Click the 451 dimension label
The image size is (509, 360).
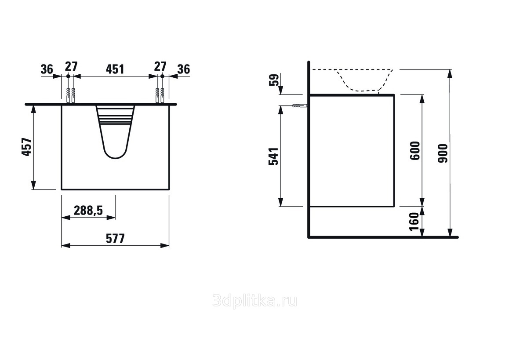click(x=115, y=69)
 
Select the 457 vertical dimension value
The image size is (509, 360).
click(x=27, y=147)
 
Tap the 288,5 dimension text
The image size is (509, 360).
click(x=88, y=211)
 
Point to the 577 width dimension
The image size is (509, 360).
click(x=115, y=239)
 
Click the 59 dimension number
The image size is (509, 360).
click(x=274, y=80)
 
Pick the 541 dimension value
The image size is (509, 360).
click(x=274, y=156)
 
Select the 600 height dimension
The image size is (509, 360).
click(x=415, y=151)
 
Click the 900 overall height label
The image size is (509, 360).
click(x=443, y=153)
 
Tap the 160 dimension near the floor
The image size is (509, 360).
click(x=414, y=222)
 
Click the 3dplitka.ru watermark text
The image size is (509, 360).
click(x=255, y=301)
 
